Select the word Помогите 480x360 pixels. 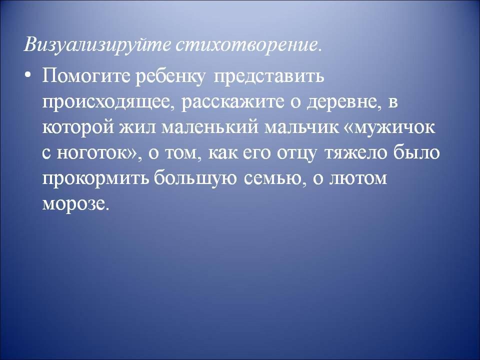coord(86,76)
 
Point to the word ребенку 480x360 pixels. coord(170,76)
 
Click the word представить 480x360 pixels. coord(268,76)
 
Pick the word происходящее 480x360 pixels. coord(109,102)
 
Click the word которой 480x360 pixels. coord(78,127)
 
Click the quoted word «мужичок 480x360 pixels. coord(388,127)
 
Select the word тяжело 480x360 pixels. coord(355,153)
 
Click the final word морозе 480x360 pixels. coord(75,204)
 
